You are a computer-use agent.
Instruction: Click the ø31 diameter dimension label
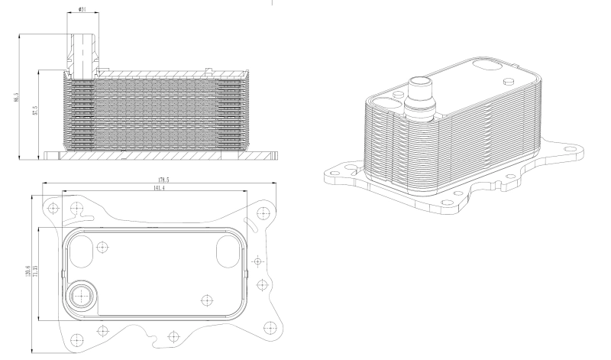[x=82, y=10]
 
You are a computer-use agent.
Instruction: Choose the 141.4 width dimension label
[x=160, y=187]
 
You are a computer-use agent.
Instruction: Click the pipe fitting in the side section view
[x=82, y=54]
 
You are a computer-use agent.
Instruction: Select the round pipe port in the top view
[x=79, y=294]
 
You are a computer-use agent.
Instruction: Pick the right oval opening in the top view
[x=229, y=248]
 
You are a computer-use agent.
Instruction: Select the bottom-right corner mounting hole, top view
[x=268, y=328]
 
